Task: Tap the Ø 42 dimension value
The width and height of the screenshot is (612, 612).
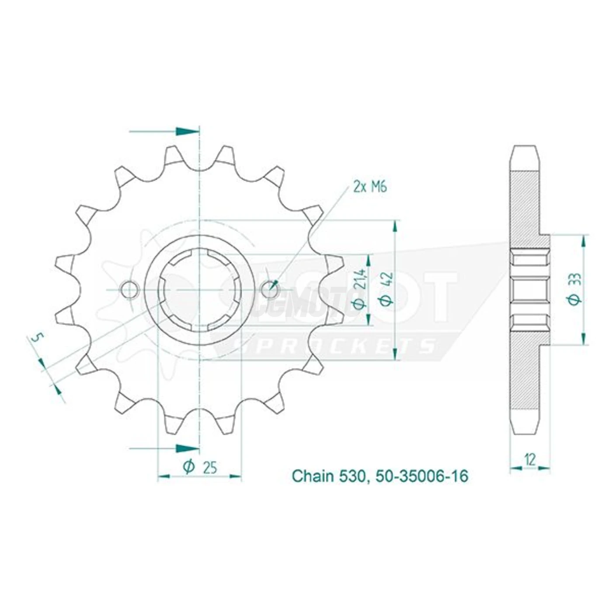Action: click(x=388, y=288)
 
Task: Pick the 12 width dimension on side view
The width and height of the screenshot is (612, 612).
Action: click(x=530, y=459)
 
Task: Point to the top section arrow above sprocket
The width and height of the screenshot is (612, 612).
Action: click(x=186, y=132)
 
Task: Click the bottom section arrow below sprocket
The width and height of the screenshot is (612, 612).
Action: click(x=186, y=449)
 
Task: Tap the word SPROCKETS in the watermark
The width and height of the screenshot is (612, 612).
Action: click(x=334, y=346)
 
